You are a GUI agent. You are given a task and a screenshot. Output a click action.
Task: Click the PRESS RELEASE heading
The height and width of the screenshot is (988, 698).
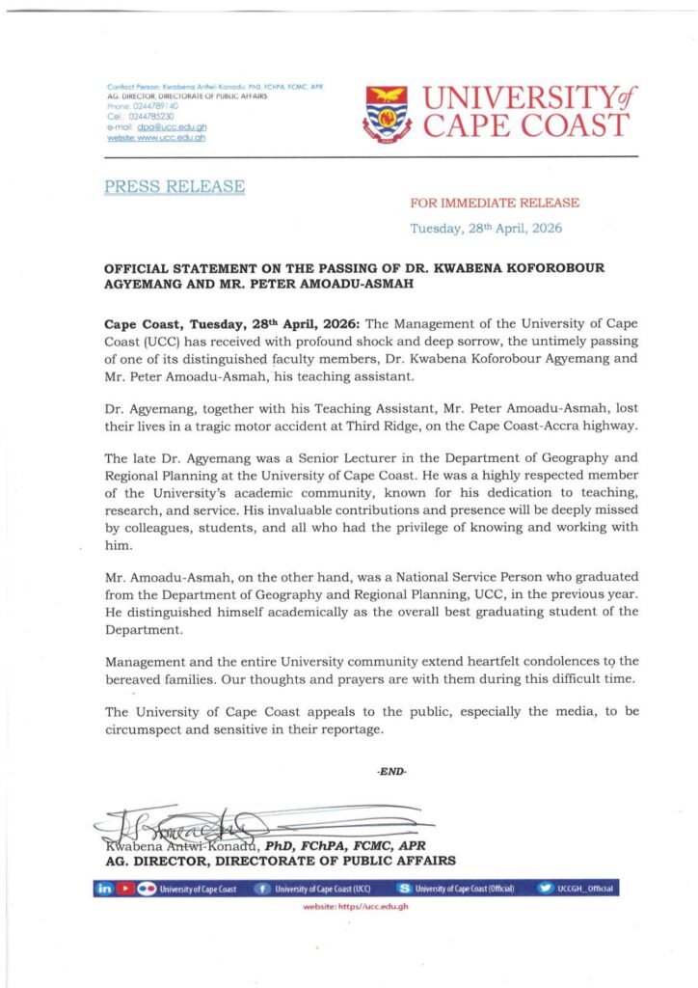(x=174, y=186)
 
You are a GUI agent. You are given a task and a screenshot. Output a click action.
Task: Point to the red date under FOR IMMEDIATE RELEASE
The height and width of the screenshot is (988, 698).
(x=486, y=229)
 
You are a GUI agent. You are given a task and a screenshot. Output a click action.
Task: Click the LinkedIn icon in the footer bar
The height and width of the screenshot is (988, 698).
(x=104, y=889)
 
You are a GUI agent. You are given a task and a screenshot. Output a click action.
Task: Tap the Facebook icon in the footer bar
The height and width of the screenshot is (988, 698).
(x=259, y=889)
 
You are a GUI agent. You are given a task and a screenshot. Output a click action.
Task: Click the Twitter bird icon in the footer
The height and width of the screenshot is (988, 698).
(x=545, y=889)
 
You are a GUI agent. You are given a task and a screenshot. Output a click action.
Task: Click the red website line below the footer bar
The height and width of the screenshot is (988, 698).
(x=356, y=908)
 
